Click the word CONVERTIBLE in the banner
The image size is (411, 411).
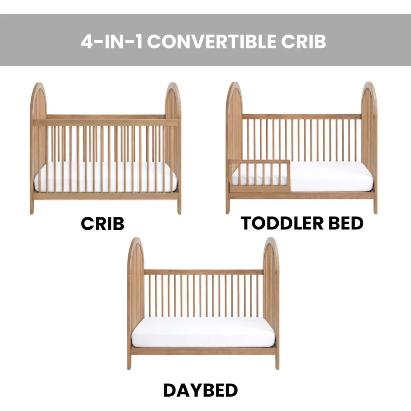point(212,42)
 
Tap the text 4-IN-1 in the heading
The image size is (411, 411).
point(112,42)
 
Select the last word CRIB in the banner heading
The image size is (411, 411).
point(304,42)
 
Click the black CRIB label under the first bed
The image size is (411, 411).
point(102,224)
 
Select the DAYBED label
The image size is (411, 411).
point(201,390)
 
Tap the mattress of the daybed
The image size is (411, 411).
point(203,332)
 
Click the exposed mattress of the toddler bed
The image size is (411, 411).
point(332,176)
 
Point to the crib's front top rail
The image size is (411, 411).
point(105,122)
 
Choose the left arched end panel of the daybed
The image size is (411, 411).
point(136,303)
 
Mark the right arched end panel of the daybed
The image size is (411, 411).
point(271,303)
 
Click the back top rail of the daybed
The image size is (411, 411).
point(203,272)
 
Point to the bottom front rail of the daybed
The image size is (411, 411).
point(203,351)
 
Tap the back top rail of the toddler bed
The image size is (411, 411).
point(302,116)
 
